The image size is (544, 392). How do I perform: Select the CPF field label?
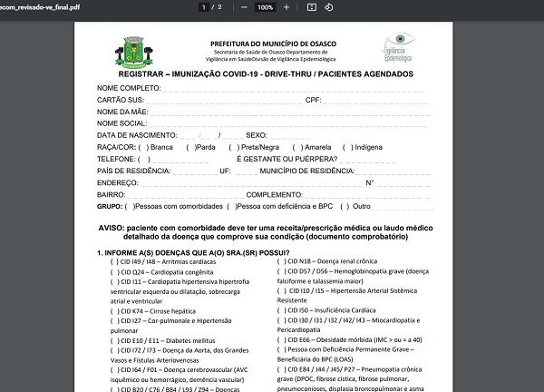(x=313, y=99)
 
